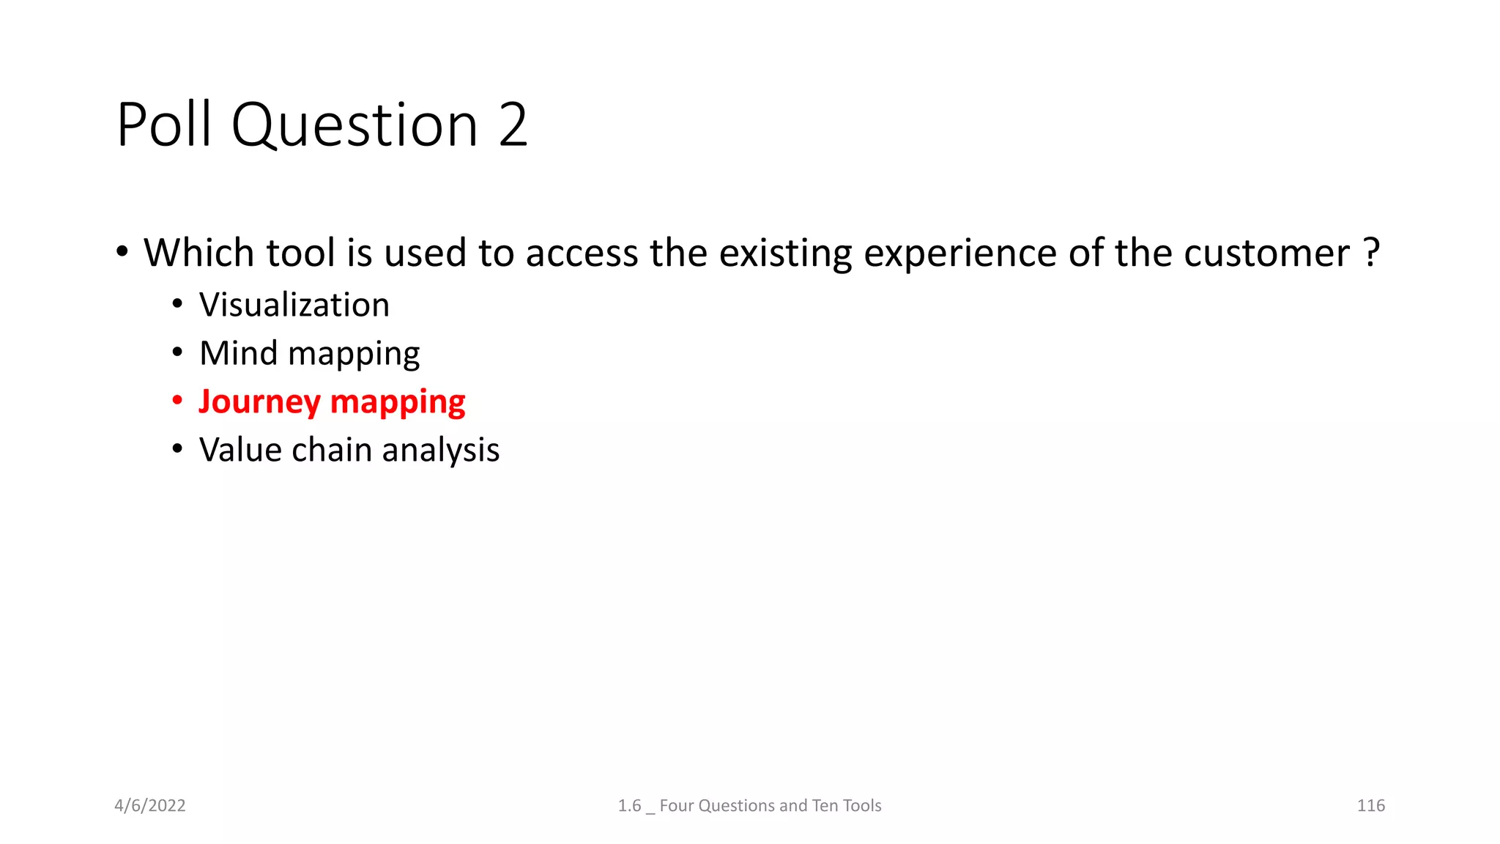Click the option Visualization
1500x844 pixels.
[294, 305]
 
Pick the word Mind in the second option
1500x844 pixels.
[239, 353]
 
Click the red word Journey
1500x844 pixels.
[259, 402]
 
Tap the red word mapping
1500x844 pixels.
[398, 402]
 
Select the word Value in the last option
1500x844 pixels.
[240, 450]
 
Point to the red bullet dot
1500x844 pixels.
[177, 401]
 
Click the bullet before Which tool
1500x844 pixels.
[122, 252]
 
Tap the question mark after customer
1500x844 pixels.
[1373, 253]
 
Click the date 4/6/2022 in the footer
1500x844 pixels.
[150, 805]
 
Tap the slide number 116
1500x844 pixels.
[1370, 805]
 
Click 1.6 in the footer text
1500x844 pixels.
[629, 805]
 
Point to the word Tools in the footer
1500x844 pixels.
[861, 805]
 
